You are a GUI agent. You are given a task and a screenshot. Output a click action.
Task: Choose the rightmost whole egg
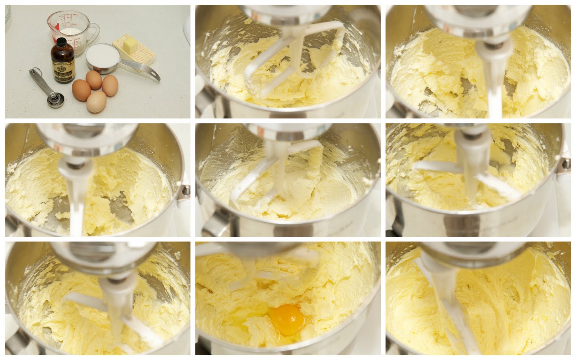[x=110, y=85]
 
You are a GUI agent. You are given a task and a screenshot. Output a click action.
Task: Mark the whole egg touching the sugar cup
[x=94, y=80]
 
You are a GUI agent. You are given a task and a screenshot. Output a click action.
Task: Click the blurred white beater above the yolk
[x=248, y=279]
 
